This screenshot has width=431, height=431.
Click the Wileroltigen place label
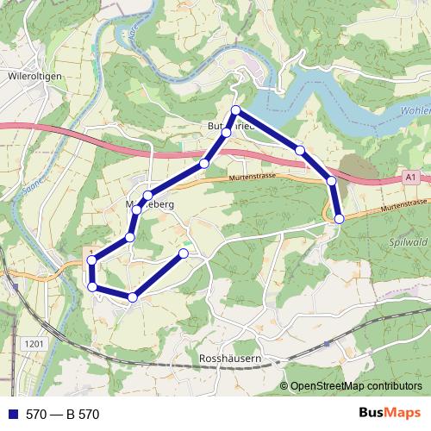pyautogui.click(x=32, y=76)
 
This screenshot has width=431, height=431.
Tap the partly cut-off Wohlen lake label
pyautogui.click(x=415, y=111)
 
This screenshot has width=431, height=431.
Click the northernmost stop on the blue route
pyautogui.click(x=236, y=110)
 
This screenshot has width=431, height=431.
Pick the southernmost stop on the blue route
pyautogui.click(x=132, y=297)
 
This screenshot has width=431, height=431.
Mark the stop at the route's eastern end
pyautogui.click(x=340, y=219)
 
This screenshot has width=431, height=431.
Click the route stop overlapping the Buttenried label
pyautogui.click(x=226, y=132)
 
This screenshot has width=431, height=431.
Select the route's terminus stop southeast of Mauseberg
pyautogui.click(x=183, y=253)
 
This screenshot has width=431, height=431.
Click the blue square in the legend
pyautogui.click(x=12, y=415)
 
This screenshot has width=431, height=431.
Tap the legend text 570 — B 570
pyautogui.click(x=62, y=415)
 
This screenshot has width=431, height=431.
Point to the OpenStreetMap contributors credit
pyautogui.click(x=356, y=387)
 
